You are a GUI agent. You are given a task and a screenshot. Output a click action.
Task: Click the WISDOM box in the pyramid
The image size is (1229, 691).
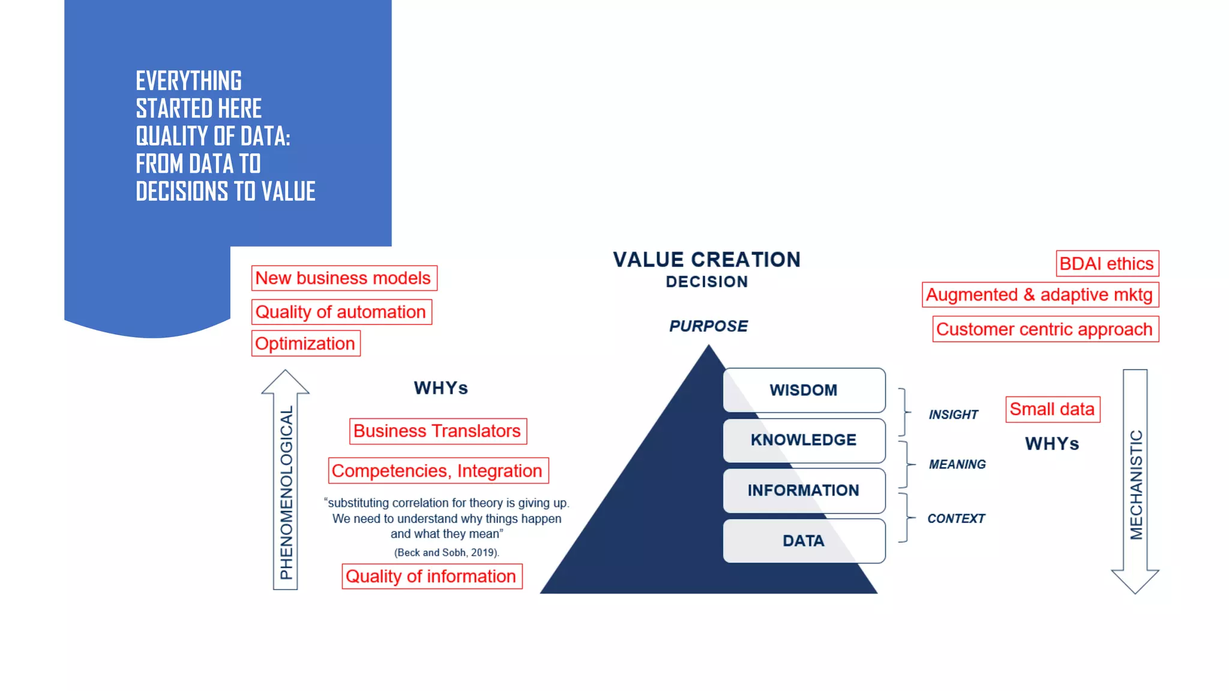[804, 390]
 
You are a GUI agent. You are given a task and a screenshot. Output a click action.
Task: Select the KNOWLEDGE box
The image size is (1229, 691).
[804, 440]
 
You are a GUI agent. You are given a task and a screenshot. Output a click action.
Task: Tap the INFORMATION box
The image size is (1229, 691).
[804, 491]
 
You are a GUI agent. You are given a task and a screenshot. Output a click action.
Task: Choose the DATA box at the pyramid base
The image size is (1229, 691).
[804, 541]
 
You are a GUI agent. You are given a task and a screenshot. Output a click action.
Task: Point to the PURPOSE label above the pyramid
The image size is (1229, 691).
[708, 326]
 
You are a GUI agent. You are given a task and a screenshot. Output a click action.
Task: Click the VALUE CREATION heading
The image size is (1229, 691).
[706, 260]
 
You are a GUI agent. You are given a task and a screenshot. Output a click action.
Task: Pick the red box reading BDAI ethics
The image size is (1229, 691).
[1107, 264]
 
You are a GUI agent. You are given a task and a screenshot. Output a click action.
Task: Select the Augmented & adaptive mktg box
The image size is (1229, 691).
[1039, 295]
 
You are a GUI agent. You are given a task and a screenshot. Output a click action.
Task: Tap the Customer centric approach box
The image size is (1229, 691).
[1045, 329]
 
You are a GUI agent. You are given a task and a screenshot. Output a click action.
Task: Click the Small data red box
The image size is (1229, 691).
[1052, 410]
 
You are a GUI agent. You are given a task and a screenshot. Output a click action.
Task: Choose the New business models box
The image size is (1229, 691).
[343, 278]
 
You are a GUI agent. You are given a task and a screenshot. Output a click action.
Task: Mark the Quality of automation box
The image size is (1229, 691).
[341, 313]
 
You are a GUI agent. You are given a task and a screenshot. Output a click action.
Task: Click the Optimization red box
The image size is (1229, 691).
[305, 344]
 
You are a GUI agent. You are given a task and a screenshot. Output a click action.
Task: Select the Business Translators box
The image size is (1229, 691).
[437, 431]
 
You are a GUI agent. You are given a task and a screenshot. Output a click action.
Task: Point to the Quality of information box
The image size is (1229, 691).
[431, 576]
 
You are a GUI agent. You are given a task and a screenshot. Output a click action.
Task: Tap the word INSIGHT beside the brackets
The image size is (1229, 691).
[953, 414]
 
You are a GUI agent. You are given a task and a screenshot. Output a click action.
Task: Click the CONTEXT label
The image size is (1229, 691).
[956, 519]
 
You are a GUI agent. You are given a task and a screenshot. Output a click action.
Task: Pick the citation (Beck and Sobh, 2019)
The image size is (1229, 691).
[446, 552]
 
